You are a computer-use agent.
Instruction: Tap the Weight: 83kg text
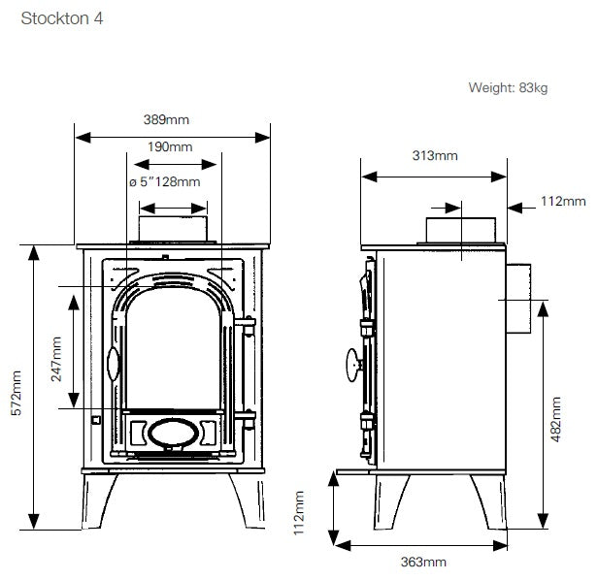click(508, 88)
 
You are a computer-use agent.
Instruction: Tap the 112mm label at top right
click(562, 202)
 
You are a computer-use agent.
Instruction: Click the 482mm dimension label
click(555, 417)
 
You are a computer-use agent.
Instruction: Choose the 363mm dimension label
click(423, 562)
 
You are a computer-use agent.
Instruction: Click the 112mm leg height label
click(301, 514)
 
